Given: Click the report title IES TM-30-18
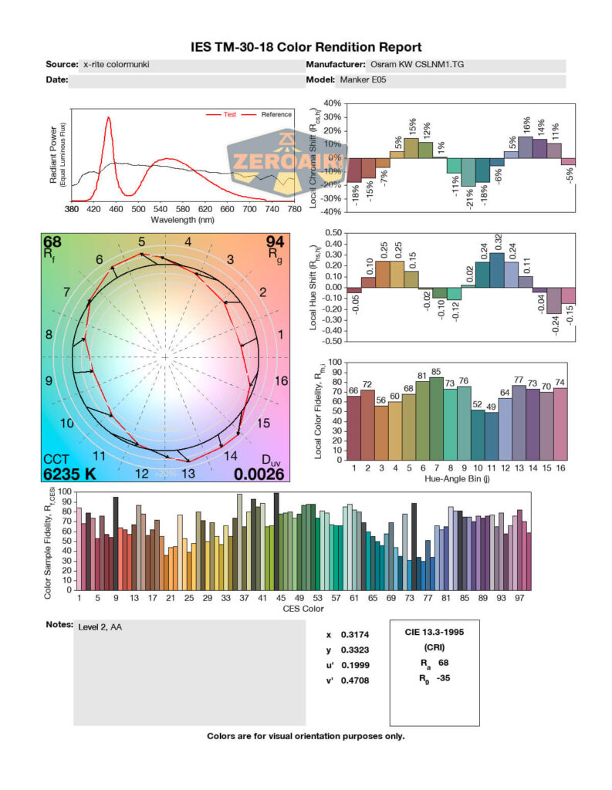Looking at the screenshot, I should coord(306,48).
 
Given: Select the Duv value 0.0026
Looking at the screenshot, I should coord(259,474).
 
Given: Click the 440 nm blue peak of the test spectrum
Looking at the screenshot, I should coord(109,119).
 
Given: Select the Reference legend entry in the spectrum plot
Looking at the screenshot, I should coord(276,114).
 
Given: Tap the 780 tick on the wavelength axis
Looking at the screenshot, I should coord(293,209).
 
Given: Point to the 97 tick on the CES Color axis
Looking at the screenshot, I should coord(521,598).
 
